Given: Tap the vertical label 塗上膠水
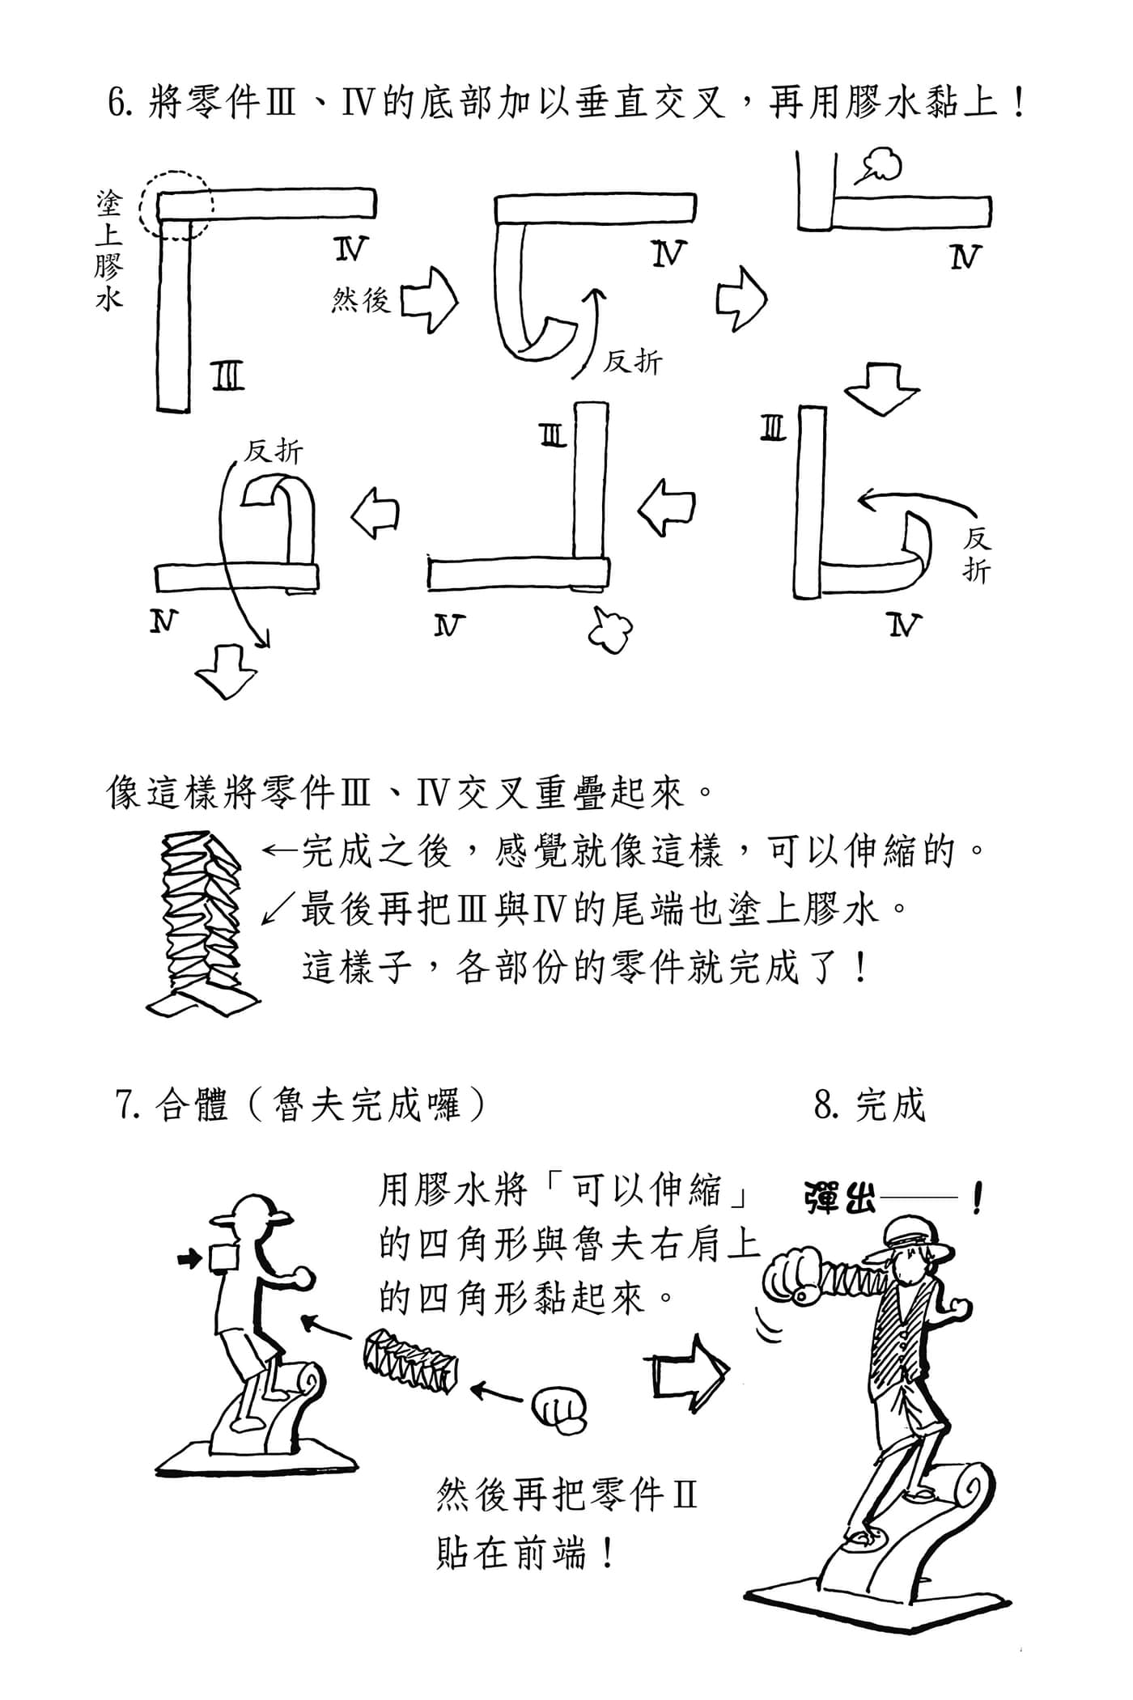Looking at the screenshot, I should [x=108, y=251].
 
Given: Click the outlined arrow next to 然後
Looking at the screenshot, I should [x=429, y=301].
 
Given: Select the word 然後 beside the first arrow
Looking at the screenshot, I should [x=361, y=301].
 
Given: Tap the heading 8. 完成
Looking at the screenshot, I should [x=869, y=1104].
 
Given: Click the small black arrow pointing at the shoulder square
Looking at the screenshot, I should [x=189, y=1258].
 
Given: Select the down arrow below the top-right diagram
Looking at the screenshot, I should [x=881, y=387].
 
